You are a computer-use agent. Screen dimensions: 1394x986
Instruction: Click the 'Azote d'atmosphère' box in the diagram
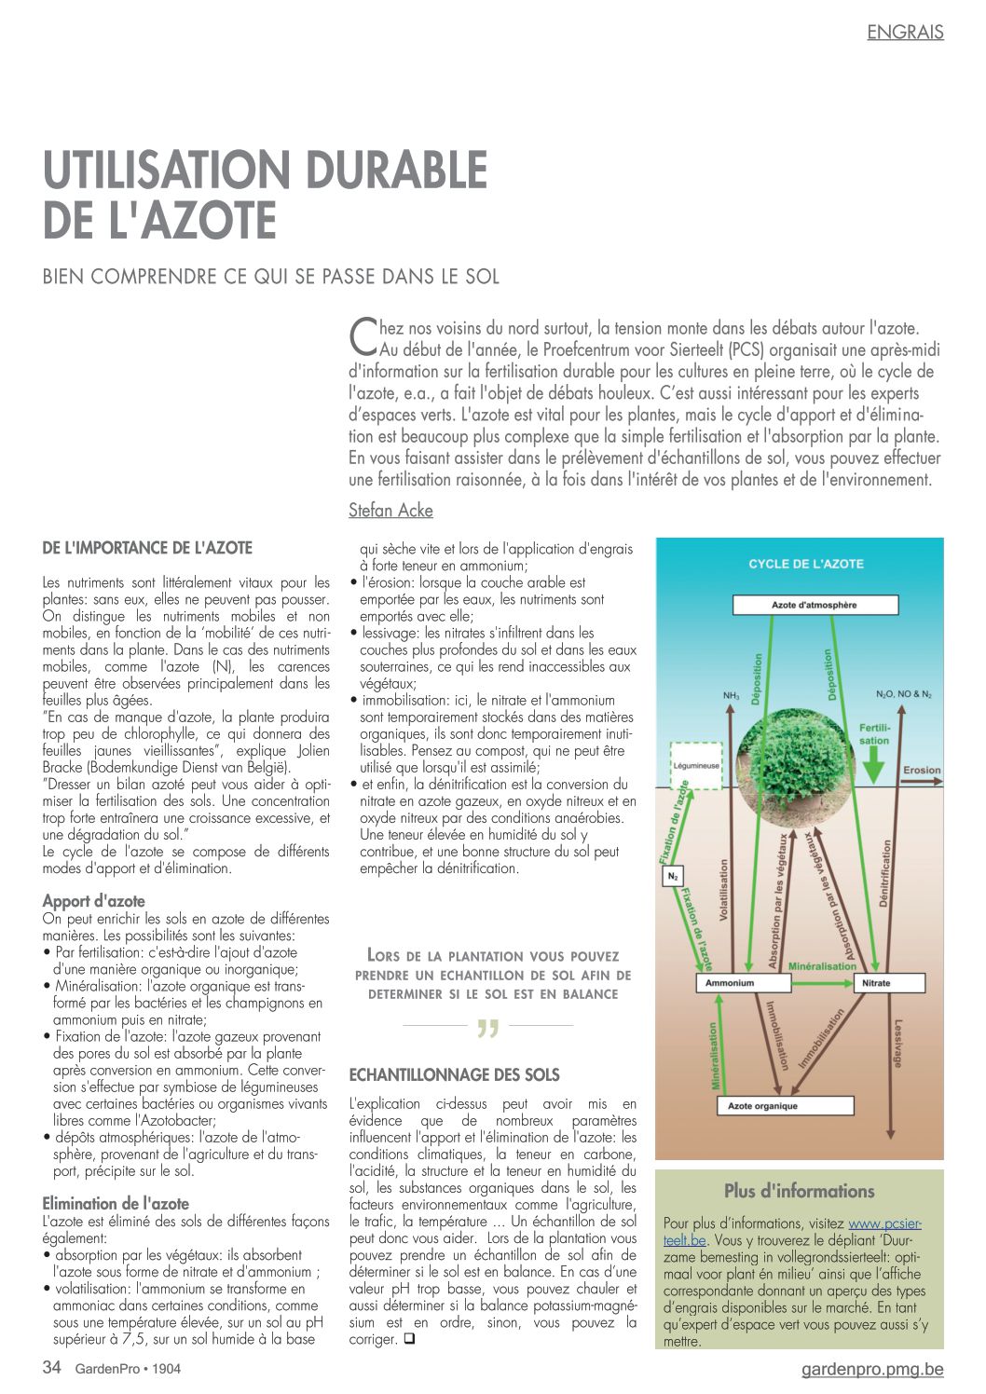click(815, 606)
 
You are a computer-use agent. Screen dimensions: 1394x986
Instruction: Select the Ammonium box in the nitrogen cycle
click(744, 983)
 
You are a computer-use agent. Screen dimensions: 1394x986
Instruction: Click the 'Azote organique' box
click(785, 1106)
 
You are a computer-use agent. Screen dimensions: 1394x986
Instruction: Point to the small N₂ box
click(673, 877)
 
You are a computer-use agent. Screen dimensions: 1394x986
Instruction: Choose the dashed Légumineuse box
click(696, 765)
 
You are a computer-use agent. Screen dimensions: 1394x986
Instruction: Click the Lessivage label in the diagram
click(897, 1044)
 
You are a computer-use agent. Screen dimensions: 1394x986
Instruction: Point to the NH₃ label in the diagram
click(731, 695)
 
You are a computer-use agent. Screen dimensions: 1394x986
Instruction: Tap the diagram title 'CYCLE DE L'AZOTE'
click(806, 564)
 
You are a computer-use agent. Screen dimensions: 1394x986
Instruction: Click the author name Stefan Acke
click(390, 511)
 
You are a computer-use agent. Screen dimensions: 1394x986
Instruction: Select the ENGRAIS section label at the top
click(905, 32)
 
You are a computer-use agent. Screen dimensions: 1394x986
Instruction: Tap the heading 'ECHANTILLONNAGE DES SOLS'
click(454, 1075)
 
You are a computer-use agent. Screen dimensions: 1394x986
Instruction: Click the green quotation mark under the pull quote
click(487, 1028)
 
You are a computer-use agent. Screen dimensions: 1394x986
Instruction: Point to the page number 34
click(52, 1368)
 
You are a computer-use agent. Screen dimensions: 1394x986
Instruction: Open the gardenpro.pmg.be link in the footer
click(872, 1369)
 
